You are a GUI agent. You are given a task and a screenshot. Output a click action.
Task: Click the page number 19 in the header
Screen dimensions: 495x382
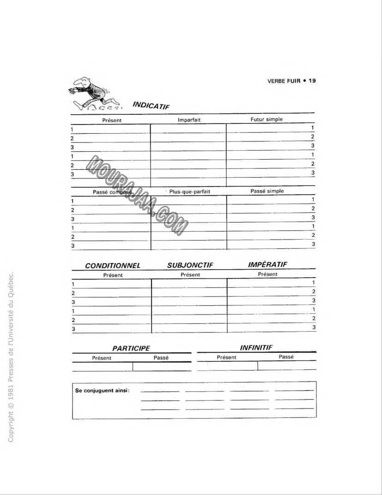[x=312, y=81]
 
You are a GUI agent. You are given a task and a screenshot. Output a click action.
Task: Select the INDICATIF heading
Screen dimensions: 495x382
[x=151, y=105]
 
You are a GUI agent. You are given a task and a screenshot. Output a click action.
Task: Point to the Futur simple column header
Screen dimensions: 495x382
[x=267, y=119]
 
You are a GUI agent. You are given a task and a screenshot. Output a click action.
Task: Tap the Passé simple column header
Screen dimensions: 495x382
[x=267, y=191]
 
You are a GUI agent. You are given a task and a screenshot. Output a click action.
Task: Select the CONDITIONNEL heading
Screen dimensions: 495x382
[x=113, y=266]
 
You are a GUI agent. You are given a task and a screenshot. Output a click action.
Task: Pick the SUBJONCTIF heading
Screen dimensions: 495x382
[x=190, y=266]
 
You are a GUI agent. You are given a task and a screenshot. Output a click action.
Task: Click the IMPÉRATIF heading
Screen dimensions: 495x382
[x=267, y=265]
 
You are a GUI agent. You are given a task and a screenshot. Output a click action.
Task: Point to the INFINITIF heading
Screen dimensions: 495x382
[x=256, y=347]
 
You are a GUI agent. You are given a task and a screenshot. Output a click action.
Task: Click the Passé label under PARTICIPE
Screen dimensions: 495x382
[x=161, y=358]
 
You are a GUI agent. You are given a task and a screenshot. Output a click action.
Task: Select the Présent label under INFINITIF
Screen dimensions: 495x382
[x=226, y=357]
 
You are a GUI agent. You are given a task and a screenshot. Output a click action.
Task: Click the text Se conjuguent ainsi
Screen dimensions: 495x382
[x=102, y=390]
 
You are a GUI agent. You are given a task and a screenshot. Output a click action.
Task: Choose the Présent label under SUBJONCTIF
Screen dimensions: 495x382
[x=190, y=274]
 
